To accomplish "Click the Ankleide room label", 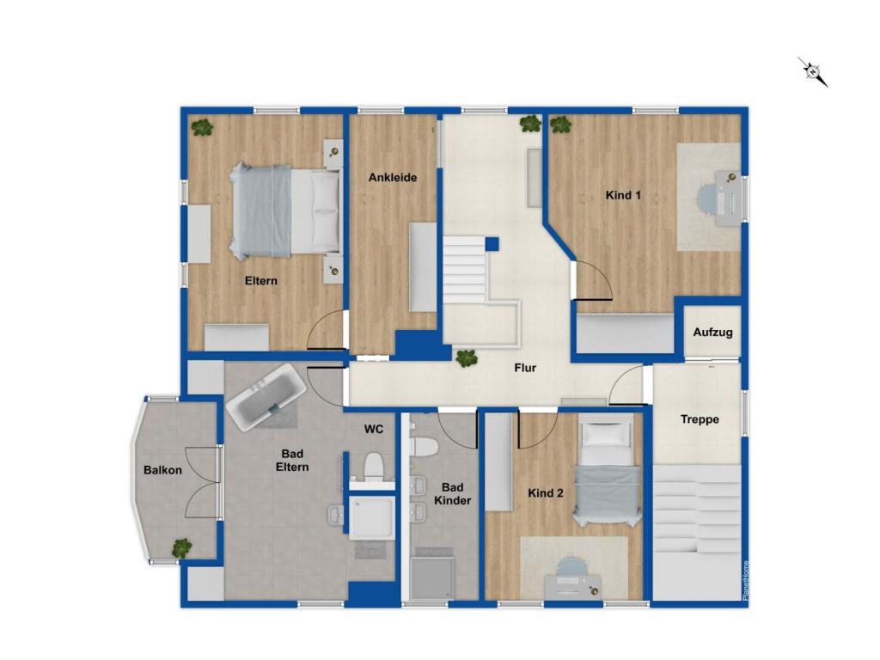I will coord(393,178).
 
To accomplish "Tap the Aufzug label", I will coord(712,332).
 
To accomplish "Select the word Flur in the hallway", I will coord(525,368).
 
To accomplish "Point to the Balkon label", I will coord(162,470).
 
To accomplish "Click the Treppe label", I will coord(700,419).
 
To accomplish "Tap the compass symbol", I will coord(812,71).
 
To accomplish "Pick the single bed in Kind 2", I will coord(608,473).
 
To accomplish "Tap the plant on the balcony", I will coord(181,547).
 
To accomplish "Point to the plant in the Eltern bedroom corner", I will coord(202,128).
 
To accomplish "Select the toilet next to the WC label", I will coord(373,467).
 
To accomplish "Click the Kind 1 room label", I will coord(623,195).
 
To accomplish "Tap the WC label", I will coord(374,427).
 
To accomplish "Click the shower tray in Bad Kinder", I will coord(432,577).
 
